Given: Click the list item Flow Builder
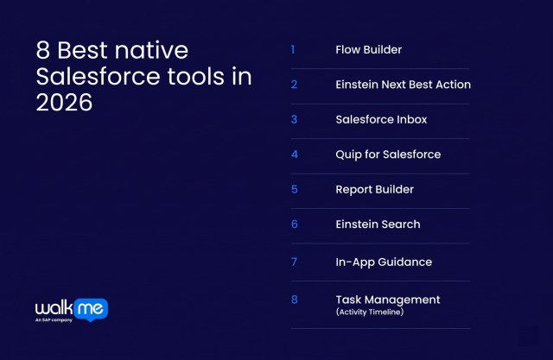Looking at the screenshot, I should [x=368, y=49].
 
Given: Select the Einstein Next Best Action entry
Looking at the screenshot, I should [x=403, y=85].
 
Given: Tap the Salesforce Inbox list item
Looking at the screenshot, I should [x=381, y=119].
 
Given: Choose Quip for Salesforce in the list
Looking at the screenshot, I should [x=388, y=155].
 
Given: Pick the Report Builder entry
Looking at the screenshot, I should [x=374, y=189].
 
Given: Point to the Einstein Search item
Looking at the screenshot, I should [x=378, y=224].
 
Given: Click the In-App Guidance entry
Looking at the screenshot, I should [x=383, y=262].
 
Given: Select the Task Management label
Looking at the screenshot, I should [x=387, y=300].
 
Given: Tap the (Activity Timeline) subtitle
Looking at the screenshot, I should [x=369, y=312].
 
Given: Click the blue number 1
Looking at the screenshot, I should [x=293, y=49].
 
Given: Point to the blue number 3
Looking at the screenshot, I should [x=294, y=119].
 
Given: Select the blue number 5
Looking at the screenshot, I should [x=294, y=189].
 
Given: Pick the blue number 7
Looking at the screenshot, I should [x=294, y=262].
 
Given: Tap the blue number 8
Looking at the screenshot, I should [x=294, y=300].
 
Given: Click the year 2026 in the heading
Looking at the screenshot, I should [x=64, y=102].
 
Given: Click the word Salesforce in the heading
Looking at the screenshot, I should [x=89, y=76].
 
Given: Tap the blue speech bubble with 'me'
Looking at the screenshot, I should [x=93, y=308].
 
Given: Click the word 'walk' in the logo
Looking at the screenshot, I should [x=56, y=308].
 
